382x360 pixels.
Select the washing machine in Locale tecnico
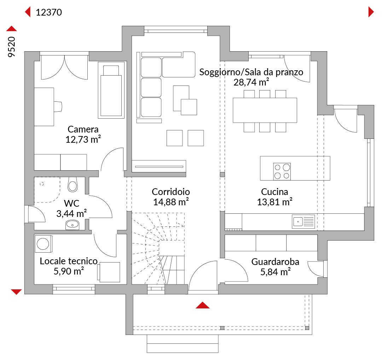[x=44, y=244]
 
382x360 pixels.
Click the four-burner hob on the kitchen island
[x=282, y=171]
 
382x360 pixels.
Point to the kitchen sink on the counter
[x=303, y=222]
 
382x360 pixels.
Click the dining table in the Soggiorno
[x=265, y=110]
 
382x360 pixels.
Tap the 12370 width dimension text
[x=49, y=12]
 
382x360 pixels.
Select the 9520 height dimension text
[x=11, y=47]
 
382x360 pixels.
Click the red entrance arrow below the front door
[x=203, y=305]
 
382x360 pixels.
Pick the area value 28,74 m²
[x=251, y=82]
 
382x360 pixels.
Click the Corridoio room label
[x=171, y=192]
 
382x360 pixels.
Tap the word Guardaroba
[x=275, y=262]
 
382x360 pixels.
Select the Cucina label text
[x=274, y=192]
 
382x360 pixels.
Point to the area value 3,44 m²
[x=71, y=213]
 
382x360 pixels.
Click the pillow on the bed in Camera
[x=111, y=70]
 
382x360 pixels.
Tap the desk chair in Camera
[x=58, y=107]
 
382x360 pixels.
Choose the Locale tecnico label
[x=69, y=261]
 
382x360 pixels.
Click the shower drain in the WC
[x=42, y=184]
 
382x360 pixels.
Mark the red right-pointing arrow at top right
[x=371, y=12]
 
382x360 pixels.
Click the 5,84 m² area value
[x=276, y=272]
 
